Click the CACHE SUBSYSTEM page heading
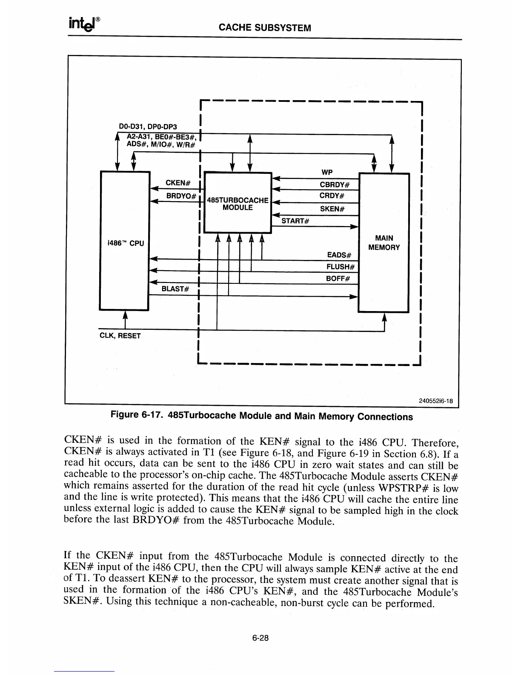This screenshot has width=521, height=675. pos(265,28)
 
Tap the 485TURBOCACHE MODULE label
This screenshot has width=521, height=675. pos(238,204)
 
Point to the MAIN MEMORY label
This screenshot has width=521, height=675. pos(384,242)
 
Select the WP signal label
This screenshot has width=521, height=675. pos(327,172)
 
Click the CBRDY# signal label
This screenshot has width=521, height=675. pos(335,185)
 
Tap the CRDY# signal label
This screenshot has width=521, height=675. pos(332,196)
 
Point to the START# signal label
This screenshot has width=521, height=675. pos(295,221)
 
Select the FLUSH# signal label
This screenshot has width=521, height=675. pos(341,267)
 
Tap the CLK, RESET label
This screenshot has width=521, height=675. pos(120,335)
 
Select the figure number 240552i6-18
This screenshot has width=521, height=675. pos(435,401)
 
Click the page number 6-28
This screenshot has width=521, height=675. pos(260,638)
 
